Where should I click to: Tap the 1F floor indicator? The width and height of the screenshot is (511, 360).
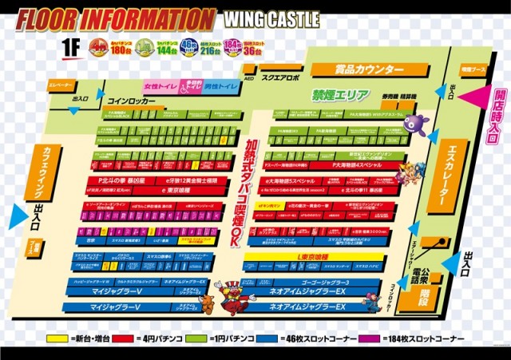71,46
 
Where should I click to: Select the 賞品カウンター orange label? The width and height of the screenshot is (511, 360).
370,70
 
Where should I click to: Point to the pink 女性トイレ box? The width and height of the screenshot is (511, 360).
159,85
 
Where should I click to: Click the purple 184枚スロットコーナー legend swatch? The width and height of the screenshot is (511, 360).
369,338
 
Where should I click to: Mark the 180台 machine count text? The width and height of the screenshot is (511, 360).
120,49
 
